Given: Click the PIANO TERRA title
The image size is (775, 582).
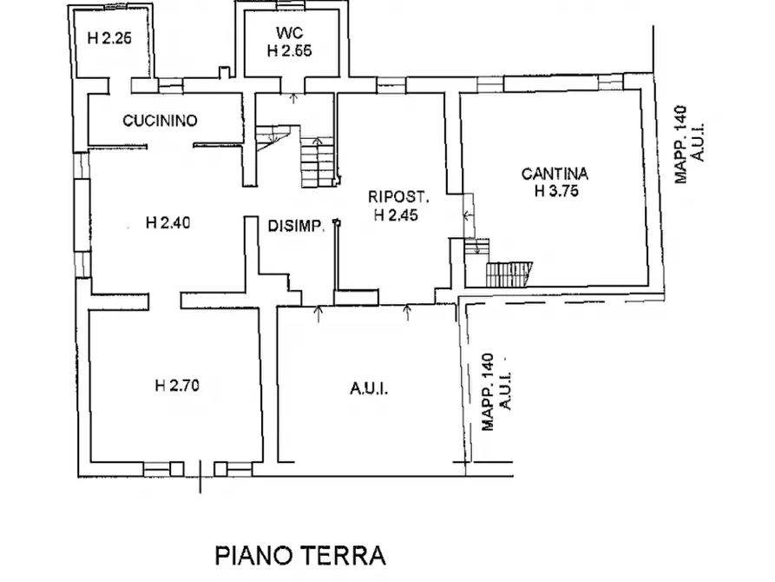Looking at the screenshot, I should point(299,554).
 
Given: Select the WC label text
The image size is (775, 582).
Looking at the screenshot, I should point(289,33).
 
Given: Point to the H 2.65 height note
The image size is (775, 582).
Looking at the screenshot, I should point(289,50).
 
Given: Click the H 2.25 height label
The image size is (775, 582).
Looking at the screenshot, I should point(109,37).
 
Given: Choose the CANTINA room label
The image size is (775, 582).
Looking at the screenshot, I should point(555,174).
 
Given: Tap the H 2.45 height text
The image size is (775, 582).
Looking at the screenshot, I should point(397,215).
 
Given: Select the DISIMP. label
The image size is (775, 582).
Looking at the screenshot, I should point(296,227).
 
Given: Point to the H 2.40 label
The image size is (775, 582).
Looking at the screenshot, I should point(168,223).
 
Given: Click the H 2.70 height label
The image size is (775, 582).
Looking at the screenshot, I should point(178,387).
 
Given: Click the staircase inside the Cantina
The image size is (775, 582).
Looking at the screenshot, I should point(507,274).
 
